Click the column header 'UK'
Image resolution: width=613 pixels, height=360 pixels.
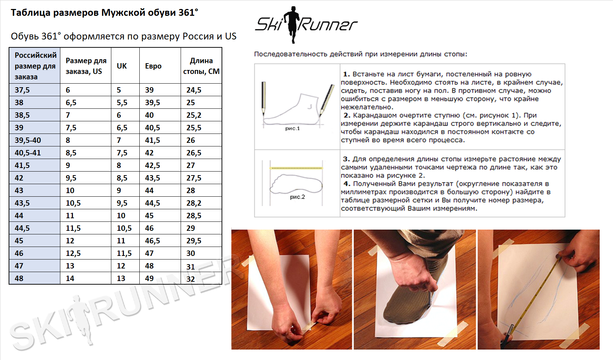tap(121, 66)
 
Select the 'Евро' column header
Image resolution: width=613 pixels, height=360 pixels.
tap(153, 66)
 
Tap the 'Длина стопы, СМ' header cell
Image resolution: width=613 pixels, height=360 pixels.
tap(201, 66)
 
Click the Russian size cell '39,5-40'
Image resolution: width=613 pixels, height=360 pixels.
tap(28, 140)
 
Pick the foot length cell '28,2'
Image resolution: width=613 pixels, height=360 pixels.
tap(194, 203)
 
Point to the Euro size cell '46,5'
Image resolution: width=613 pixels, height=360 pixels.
tap(152, 241)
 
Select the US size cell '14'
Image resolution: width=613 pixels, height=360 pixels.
tap(70, 279)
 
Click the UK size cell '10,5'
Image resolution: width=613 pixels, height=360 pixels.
tap(124, 228)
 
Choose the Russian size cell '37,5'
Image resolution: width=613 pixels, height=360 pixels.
tap(22, 90)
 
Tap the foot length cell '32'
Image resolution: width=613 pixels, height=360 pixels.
tap(190, 279)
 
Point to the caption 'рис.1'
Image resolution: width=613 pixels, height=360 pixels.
tap(292, 128)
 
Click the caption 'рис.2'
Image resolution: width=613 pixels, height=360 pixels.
tap(297, 197)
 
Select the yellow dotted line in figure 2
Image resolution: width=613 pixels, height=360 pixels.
tap(296, 168)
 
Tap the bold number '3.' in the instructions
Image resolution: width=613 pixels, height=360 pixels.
tap(347, 159)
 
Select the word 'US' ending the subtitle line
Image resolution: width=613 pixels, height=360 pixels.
tap(231, 36)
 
